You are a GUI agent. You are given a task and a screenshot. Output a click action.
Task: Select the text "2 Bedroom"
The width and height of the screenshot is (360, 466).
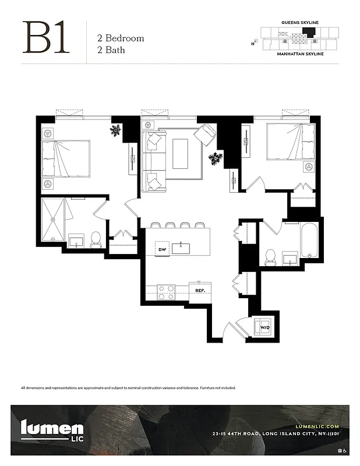pyautogui.click(x=121, y=38)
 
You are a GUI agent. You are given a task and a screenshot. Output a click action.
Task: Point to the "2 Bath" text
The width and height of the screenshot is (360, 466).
pyautogui.click(x=111, y=50)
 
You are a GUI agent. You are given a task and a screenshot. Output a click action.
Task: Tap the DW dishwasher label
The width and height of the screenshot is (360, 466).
pyautogui.click(x=163, y=250)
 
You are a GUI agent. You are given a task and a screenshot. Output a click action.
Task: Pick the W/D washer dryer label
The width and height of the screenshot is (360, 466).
pyautogui.click(x=265, y=327)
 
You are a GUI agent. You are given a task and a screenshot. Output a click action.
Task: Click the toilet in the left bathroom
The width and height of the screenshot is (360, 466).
pyautogui.click(x=96, y=238)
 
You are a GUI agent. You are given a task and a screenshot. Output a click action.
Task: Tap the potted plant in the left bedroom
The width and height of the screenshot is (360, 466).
pyautogui.click(x=116, y=130)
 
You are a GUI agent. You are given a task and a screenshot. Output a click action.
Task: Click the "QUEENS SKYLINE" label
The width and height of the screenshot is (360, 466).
pyautogui.click(x=300, y=22)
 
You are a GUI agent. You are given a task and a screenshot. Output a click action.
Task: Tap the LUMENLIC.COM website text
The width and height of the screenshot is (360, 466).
pyautogui.click(x=314, y=426)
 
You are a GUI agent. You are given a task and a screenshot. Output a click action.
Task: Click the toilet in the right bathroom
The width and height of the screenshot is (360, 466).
pyautogui.click(x=270, y=256)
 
